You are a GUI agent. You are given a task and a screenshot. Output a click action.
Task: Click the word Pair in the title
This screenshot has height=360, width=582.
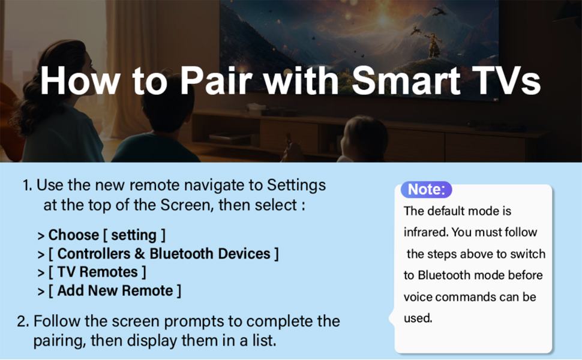(215, 81)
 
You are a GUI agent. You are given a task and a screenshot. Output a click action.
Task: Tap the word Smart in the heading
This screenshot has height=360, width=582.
(406, 81)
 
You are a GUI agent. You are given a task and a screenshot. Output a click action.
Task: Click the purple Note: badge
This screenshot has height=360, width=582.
(426, 189)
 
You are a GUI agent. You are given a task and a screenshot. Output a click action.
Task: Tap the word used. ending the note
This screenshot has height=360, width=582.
(418, 318)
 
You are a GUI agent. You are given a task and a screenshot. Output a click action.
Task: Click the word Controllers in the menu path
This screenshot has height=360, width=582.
(94, 253)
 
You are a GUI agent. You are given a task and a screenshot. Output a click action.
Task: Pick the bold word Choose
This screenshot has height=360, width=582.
(73, 235)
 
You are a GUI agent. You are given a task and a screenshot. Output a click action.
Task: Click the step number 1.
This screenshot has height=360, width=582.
(27, 185)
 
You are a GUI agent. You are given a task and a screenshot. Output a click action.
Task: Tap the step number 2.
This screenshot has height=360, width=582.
(23, 322)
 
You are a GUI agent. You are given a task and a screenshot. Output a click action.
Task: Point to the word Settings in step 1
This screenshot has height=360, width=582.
(296, 185)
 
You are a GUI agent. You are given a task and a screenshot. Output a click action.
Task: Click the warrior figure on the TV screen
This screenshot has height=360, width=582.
(433, 44)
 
